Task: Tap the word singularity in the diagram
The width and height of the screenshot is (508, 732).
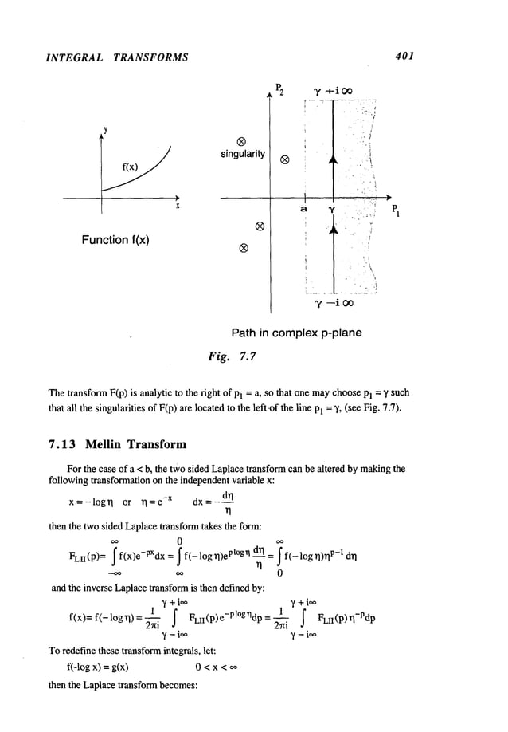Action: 244,154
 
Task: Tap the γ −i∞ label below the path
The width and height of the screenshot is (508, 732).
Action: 334,303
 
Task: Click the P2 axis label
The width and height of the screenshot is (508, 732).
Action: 278,88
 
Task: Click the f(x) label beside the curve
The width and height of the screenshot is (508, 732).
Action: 131,167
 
